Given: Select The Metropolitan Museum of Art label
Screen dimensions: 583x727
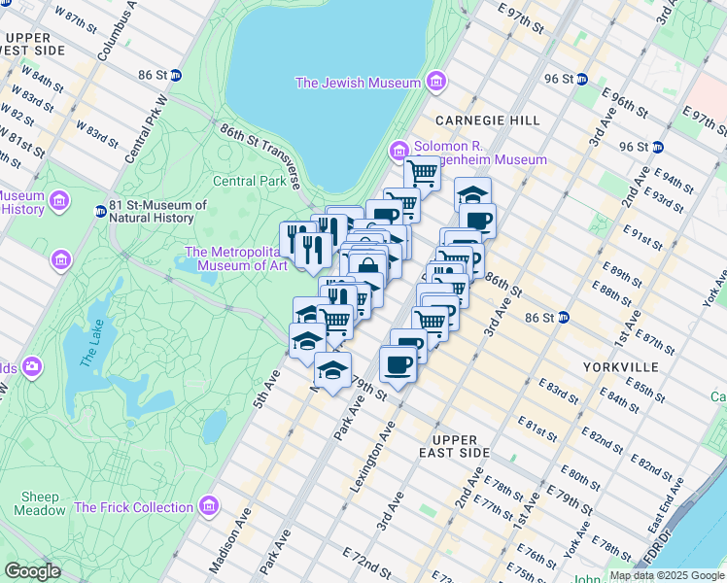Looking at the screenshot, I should pyautogui.click(x=236, y=258).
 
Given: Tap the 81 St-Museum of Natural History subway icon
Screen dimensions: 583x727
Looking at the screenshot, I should pyautogui.click(x=100, y=211).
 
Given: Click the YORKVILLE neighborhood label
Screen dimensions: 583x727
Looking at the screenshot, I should pyautogui.click(x=621, y=366).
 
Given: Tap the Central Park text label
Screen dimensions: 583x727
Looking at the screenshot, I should pyautogui.click(x=250, y=181).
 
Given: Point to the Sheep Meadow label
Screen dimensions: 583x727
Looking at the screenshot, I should pyautogui.click(x=40, y=503).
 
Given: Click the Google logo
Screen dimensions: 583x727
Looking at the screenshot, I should pyautogui.click(x=32, y=570).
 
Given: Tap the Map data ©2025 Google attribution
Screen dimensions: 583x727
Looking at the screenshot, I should pyautogui.click(x=666, y=575).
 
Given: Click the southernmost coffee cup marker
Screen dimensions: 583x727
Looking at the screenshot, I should pyautogui.click(x=397, y=365).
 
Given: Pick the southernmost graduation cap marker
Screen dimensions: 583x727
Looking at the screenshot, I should pyautogui.click(x=332, y=370).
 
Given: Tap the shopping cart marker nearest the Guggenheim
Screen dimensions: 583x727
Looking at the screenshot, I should pyautogui.click(x=422, y=173).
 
